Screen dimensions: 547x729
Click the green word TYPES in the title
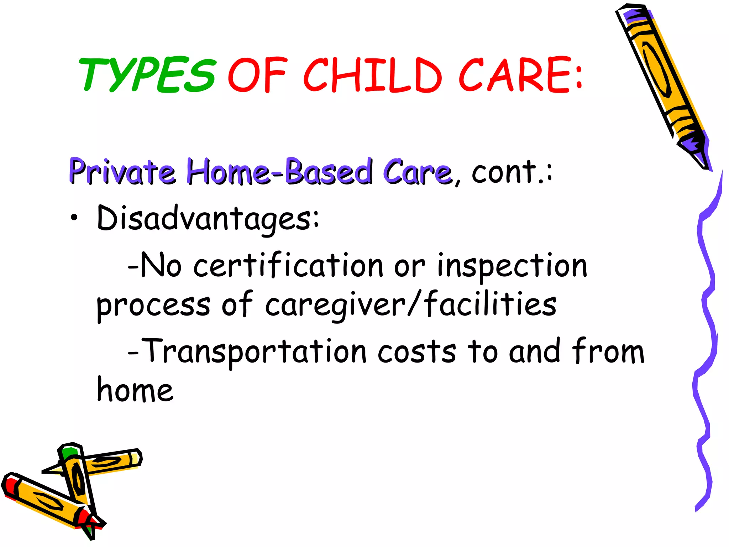coord(148,75)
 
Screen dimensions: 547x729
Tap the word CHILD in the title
coord(372,75)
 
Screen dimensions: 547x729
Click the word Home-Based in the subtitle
coord(279,172)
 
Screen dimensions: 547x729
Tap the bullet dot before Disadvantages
coord(74,218)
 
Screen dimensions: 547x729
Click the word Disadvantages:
coord(208,218)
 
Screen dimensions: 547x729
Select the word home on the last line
coord(135,390)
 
